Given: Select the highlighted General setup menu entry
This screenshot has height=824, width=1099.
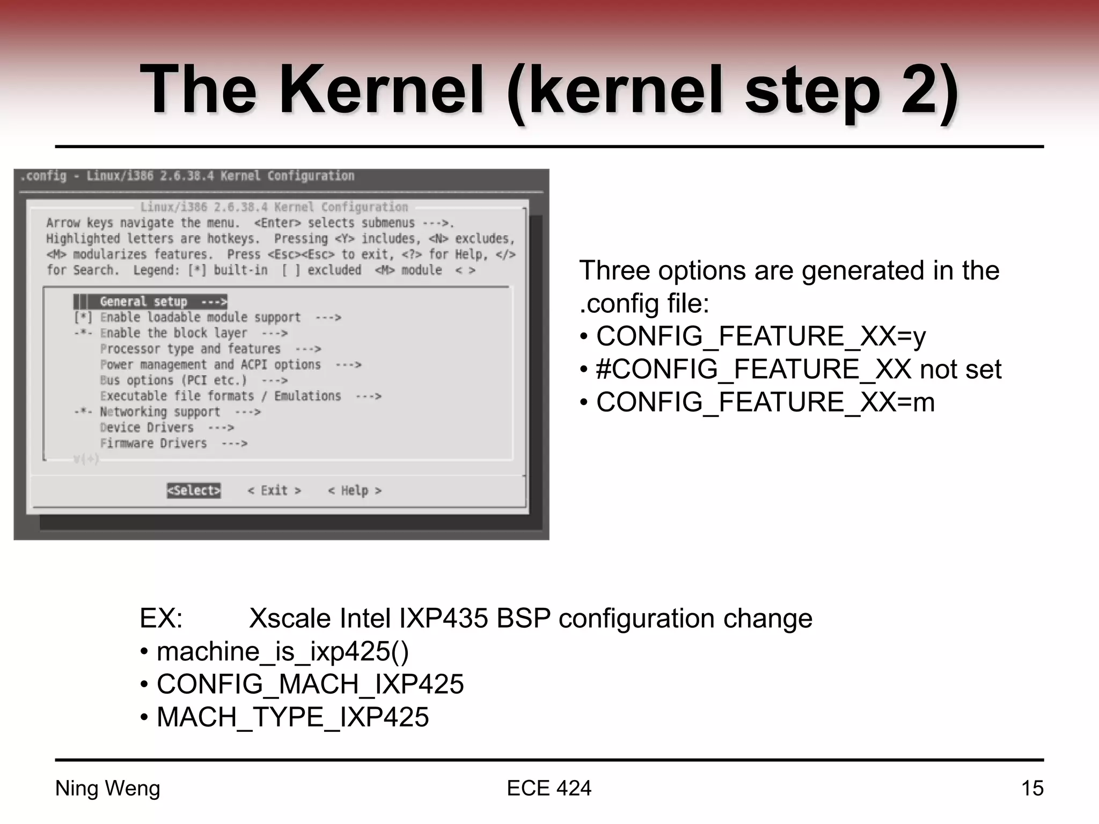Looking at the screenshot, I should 150,301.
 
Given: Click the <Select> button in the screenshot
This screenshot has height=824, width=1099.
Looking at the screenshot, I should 194,490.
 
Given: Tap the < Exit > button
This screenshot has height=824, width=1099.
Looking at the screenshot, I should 274,490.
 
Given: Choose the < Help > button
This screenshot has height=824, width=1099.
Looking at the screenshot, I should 355,490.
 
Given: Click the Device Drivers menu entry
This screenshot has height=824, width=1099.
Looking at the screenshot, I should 146,428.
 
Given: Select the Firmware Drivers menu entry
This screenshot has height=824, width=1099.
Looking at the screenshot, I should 153,443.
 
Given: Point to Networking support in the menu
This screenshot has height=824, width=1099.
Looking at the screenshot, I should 160,412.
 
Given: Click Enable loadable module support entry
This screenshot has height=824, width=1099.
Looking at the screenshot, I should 200,317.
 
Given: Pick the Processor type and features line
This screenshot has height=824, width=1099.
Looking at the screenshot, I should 191,349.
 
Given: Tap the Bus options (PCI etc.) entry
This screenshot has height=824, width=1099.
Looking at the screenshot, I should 173,380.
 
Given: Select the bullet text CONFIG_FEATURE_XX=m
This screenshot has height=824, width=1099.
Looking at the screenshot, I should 765,402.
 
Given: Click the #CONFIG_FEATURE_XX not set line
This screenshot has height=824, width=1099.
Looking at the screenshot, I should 798,370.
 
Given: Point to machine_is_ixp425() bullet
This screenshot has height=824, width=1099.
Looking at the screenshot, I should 282,651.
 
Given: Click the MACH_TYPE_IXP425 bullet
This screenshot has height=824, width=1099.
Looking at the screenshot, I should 292,717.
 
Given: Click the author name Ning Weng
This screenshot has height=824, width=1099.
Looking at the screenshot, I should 107,788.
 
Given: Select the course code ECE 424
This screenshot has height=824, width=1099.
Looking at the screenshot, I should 548,788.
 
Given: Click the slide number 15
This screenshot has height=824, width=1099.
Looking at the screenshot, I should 1031,788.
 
